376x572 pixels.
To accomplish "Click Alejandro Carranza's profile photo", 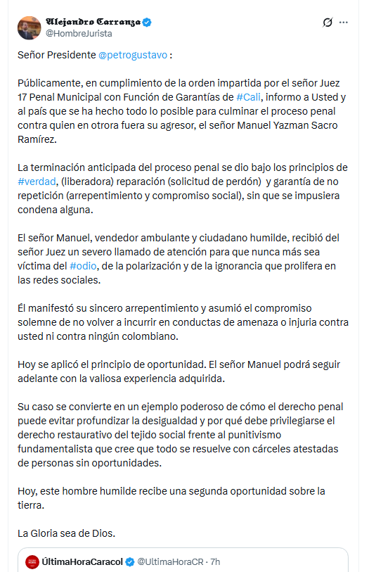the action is pos(29,27).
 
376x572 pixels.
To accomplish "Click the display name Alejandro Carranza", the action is pos(92,22).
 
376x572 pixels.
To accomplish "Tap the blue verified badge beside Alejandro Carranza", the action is pos(147,22).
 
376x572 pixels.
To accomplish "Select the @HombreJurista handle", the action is pos(79,33).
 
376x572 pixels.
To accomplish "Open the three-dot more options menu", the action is pos(344,23).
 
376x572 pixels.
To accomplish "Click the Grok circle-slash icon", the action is pos(327,23).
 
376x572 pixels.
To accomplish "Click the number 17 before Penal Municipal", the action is pos(22,96).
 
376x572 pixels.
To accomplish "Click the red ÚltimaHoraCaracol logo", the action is pos(32,562).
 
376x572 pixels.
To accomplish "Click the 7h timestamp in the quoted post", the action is pos(215,562).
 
